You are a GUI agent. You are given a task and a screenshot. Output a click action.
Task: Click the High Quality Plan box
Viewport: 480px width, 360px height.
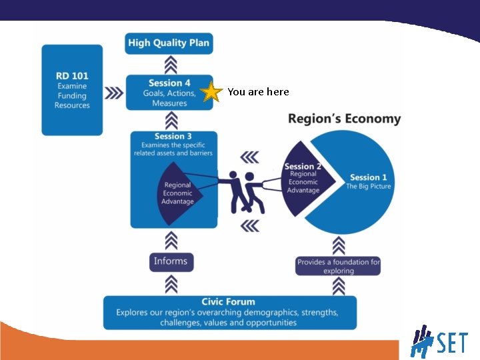(169, 43)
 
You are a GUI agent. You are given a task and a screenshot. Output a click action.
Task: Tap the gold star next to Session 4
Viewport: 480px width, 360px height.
(211, 92)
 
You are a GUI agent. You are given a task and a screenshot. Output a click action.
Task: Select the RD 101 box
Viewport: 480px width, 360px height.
(72, 90)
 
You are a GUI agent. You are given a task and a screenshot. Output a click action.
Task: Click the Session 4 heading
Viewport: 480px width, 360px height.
(169, 83)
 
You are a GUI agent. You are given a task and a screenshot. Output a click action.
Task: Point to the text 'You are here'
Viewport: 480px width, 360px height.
(258, 92)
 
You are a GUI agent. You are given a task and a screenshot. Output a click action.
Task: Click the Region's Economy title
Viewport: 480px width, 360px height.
(344, 119)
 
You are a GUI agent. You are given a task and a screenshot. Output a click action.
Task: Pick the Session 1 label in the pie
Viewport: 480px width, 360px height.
(369, 177)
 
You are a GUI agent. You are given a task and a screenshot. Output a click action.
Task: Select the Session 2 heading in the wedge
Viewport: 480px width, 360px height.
(303, 167)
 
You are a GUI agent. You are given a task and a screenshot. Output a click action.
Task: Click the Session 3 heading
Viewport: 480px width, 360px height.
(173, 137)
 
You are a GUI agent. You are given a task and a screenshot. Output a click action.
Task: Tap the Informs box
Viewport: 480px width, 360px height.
(171, 261)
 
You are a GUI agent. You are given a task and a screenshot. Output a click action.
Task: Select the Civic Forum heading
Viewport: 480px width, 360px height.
(228, 302)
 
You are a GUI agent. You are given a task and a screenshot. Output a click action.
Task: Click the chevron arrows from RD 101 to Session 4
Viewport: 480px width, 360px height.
(115, 93)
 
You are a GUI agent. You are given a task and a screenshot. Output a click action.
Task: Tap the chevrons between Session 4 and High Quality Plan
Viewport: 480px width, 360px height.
(170, 64)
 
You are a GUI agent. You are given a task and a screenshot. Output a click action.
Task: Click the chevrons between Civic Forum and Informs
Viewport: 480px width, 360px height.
(171, 284)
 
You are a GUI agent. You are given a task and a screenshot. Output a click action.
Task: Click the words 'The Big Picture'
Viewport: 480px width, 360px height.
(369, 187)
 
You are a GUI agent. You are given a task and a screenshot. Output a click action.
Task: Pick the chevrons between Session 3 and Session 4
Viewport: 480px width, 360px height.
(170, 121)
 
